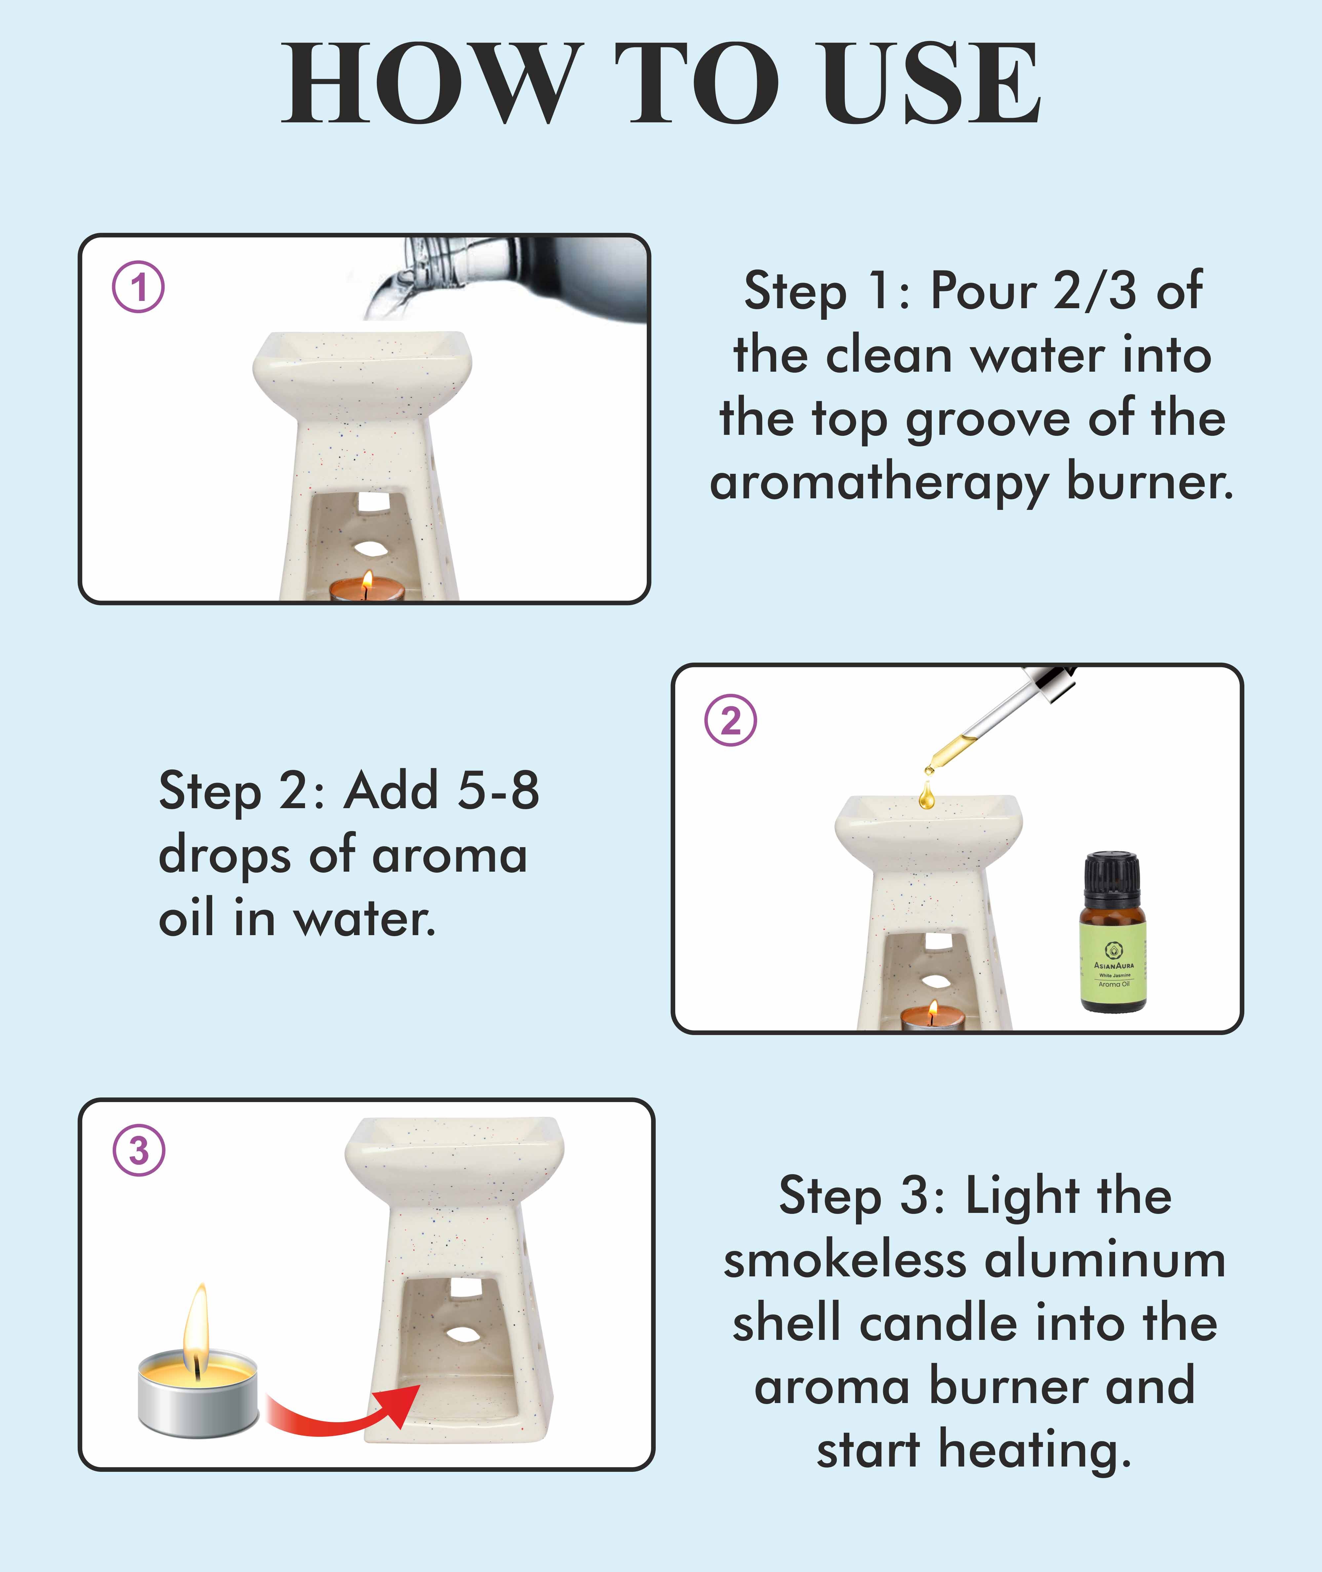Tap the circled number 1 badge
[x=139, y=287]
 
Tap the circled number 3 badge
[x=139, y=1150]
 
